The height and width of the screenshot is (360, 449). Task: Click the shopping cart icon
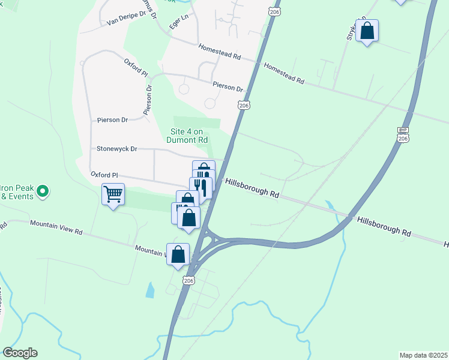[x=113, y=194]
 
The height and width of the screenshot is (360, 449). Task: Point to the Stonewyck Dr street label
[x=117, y=148]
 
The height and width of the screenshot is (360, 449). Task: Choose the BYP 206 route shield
[x=403, y=134]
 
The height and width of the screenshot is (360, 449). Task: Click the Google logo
[x=20, y=353]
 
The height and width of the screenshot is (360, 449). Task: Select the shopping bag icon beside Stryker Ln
[x=367, y=30]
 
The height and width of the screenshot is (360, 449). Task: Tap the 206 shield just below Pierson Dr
[x=243, y=105]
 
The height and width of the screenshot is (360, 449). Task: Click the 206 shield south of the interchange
[x=189, y=281]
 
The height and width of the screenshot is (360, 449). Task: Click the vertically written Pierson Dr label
[x=147, y=100]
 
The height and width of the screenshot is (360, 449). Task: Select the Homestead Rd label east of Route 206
[x=283, y=74]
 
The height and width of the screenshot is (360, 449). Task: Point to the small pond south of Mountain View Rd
[x=149, y=290]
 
